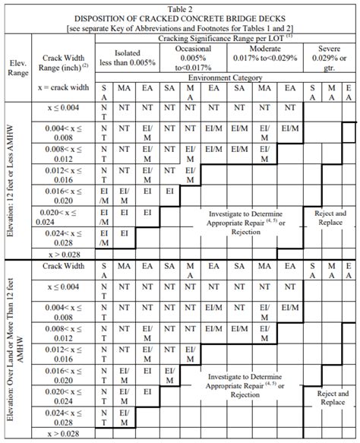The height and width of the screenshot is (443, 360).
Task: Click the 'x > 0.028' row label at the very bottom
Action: click(x=63, y=434)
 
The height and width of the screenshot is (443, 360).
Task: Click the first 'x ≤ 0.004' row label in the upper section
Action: click(x=63, y=108)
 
